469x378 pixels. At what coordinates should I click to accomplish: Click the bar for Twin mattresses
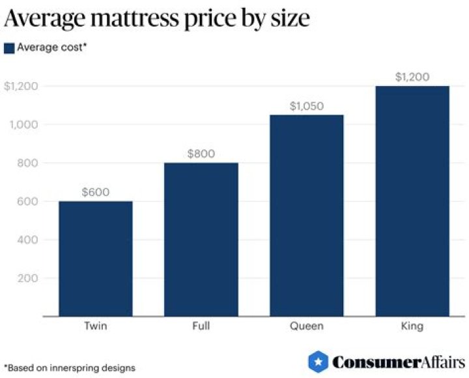coord(96,259)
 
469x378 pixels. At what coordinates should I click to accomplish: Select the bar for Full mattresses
coord(201,239)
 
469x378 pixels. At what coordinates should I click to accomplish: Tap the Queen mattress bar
coord(306,215)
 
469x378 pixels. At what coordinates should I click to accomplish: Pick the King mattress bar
coord(412,201)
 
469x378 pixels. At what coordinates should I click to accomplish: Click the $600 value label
coord(96,192)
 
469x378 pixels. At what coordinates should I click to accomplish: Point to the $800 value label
coord(201,154)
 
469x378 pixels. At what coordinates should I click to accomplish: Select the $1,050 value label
coord(306,106)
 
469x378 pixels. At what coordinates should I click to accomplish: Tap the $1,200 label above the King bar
coord(412,77)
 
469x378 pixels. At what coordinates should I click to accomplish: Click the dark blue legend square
coord(9,48)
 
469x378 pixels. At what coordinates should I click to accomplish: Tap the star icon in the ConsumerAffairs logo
coord(317,361)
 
